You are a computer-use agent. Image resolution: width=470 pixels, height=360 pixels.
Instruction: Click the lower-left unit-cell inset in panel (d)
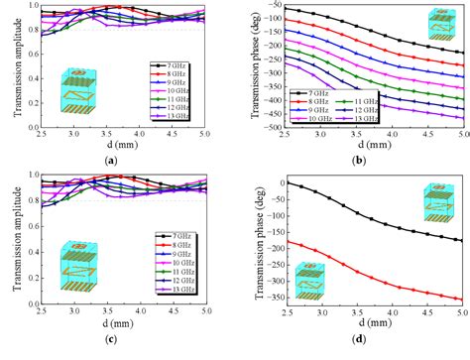tap(298, 281)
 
